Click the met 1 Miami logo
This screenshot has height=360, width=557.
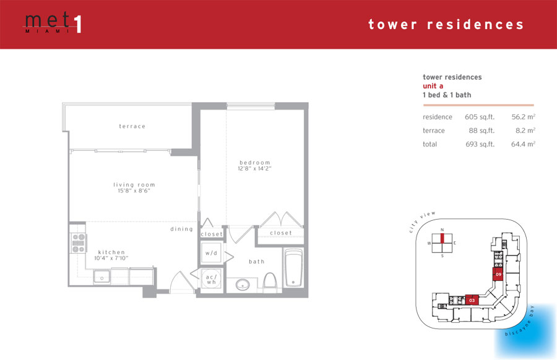coord(53,24)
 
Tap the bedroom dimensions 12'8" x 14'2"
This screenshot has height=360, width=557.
coord(254,169)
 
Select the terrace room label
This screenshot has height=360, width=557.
coord(132,126)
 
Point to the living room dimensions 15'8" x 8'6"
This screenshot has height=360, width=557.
coord(134,191)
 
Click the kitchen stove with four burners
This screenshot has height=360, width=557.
coord(79,243)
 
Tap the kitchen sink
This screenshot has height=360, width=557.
coord(102,276)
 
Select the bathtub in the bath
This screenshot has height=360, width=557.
coord(293,268)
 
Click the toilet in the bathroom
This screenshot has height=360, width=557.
coord(270,283)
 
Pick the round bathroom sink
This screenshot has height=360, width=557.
coord(243,285)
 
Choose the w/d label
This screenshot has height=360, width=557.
coord(211,253)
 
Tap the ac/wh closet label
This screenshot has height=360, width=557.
coord(211,280)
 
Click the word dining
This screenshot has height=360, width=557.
coord(181,229)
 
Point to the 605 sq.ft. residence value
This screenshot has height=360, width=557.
coord(480,117)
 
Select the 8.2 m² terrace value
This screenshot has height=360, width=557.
coord(525,131)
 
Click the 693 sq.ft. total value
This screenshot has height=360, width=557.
coord(480,144)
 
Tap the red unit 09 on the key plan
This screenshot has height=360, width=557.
coord(498,275)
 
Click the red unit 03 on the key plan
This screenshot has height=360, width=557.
coord(472,300)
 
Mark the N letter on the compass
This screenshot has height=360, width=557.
coord(443,229)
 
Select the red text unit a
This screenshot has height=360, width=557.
coord(433,86)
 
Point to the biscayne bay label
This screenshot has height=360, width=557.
coord(519,321)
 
